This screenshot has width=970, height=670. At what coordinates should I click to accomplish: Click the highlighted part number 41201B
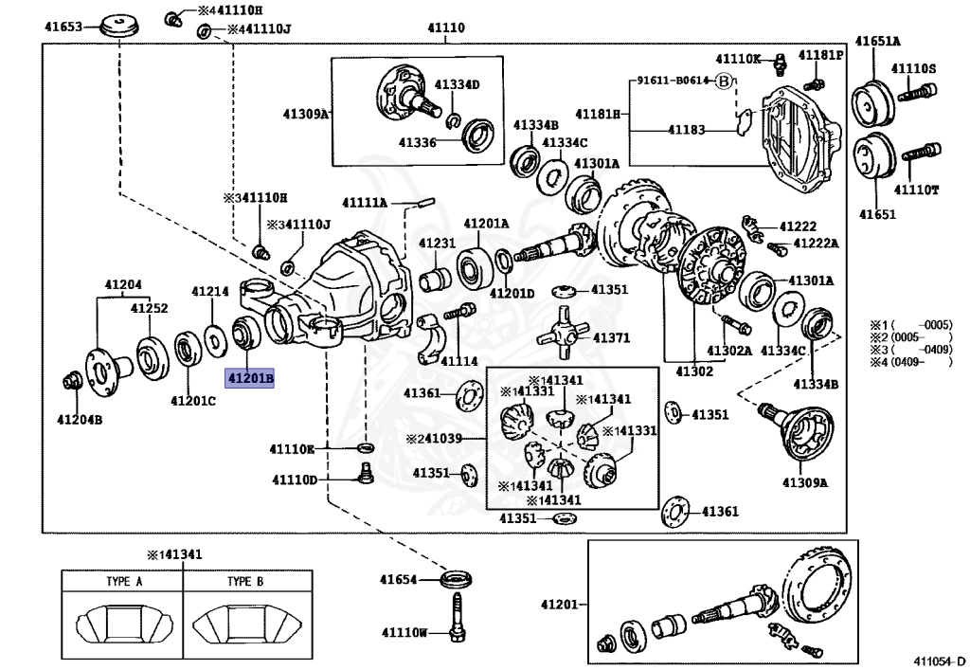point(249,378)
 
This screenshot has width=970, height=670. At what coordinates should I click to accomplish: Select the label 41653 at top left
point(63,27)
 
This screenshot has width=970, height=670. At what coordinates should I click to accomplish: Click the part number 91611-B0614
point(673,81)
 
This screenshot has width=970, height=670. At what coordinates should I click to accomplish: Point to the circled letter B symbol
point(724,81)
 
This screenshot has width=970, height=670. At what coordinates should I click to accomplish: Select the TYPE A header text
point(123,582)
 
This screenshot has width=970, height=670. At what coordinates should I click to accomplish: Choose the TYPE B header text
point(245,582)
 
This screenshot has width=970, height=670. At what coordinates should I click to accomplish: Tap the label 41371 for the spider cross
point(611,337)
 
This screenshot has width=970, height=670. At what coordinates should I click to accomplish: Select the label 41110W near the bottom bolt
point(404,632)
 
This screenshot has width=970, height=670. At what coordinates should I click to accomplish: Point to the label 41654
point(399,579)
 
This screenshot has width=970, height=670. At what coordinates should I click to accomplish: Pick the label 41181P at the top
point(820,56)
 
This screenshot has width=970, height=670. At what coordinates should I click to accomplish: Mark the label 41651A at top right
point(878,41)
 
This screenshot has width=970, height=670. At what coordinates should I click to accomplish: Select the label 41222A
point(816,244)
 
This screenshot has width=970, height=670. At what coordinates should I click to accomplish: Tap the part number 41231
point(439,244)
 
